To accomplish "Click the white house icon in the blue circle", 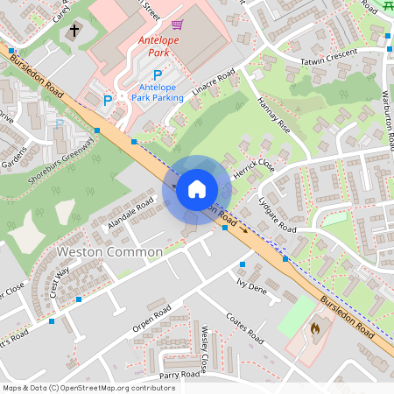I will pyautogui.click(x=197, y=189).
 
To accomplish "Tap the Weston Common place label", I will pyautogui.click(x=109, y=252).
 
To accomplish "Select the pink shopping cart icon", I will pyautogui.click(x=178, y=25).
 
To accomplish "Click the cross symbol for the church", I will pyautogui.click(x=74, y=32).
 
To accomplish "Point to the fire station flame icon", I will pyautogui.click(x=315, y=329).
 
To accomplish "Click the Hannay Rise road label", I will pyautogui.click(x=272, y=115).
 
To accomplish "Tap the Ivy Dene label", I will pyautogui.click(x=251, y=285).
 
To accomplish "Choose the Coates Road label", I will pyautogui.click(x=244, y=328).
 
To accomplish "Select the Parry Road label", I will pyautogui.click(x=180, y=375).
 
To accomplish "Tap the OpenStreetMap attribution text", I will pyautogui.click(x=88, y=388).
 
